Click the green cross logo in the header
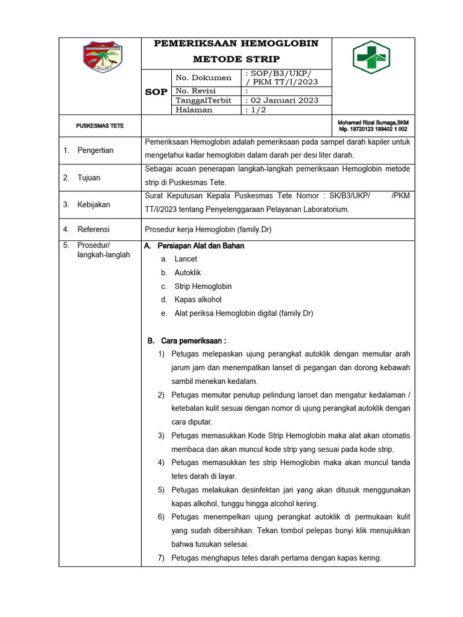tap(373, 57)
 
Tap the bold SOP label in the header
tap(156, 92)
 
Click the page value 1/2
tap(256, 110)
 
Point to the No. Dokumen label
tap(203, 78)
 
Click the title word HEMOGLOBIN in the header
tap(279, 43)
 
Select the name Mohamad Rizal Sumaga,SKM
tap(373, 123)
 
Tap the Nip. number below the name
tap(373, 130)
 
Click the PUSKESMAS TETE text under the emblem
tap(99, 126)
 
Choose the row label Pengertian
tap(95, 150)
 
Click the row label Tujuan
tap(89, 178)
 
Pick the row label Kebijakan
tap(93, 205)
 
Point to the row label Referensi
tap(93, 230)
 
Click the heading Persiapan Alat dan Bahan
tap(200, 246)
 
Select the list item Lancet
tap(186, 259)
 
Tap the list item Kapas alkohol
tap(198, 299)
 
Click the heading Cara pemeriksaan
tap(193, 341)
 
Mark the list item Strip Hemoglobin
tap(203, 286)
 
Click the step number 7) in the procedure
tap(162, 558)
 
